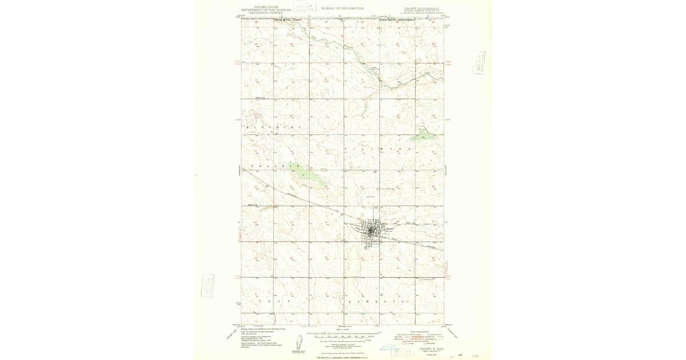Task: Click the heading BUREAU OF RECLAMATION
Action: pyautogui.click(x=342, y=9)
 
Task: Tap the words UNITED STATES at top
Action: pyautogui.click(x=266, y=7)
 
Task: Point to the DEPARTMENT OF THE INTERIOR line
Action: pyautogui.click(x=266, y=10)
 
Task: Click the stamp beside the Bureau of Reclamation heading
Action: pyautogui.click(x=305, y=6)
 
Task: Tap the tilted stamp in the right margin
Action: pyautogui.click(x=479, y=63)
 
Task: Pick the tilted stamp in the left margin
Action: pyautogui.click(x=208, y=285)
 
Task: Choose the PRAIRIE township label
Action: pyautogui.click(x=276, y=166)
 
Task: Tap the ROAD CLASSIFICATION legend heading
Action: pyautogui.click(x=417, y=331)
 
